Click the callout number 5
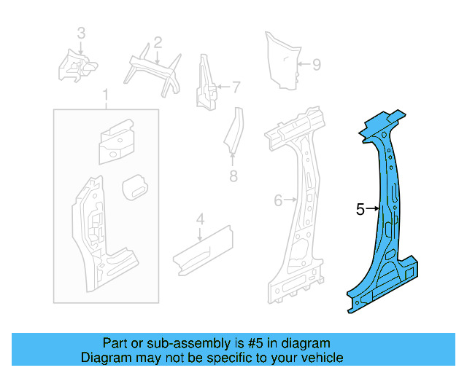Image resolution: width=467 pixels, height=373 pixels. pyautogui.click(x=360, y=210)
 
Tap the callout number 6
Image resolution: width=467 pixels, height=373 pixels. pyautogui.click(x=277, y=200)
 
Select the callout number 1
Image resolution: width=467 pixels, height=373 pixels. pyautogui.click(x=106, y=95)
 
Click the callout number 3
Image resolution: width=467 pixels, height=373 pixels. pyautogui.click(x=81, y=33)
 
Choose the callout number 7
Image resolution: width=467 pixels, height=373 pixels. pyautogui.click(x=236, y=87)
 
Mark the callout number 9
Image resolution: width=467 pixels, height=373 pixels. pyautogui.click(x=316, y=65)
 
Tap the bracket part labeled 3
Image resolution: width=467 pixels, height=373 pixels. pyautogui.click(x=77, y=66)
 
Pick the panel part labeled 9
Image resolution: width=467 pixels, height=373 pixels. pyautogui.click(x=283, y=62)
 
